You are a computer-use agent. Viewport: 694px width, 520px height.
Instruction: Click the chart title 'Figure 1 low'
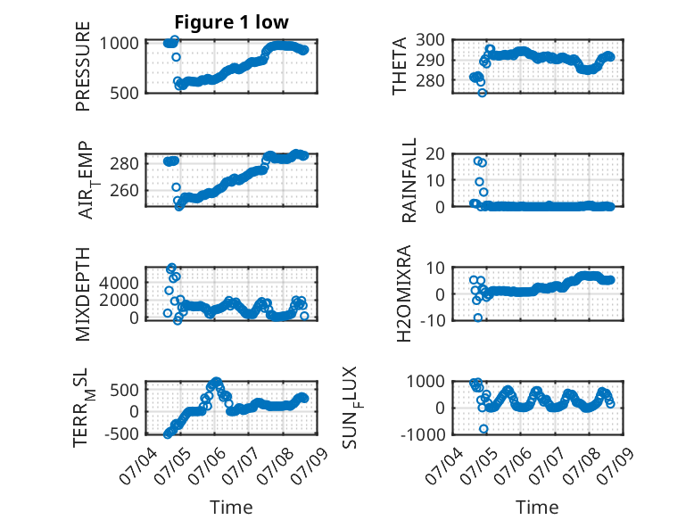click(231, 22)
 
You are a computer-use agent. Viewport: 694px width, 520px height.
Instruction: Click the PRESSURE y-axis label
click(83, 66)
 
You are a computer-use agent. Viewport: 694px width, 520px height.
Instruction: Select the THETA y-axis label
click(400, 66)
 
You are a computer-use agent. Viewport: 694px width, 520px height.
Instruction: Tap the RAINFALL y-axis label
click(409, 179)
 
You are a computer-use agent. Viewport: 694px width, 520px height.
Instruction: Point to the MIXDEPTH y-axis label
click(83, 293)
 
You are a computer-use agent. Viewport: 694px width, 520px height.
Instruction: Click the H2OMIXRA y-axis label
click(404, 293)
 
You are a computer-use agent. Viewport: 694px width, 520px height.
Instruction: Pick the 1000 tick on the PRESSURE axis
click(119, 44)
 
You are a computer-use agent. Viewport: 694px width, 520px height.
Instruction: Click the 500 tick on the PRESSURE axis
click(124, 93)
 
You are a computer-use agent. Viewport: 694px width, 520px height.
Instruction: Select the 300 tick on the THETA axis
click(430, 40)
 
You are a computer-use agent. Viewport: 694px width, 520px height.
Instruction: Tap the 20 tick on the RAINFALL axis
click(435, 154)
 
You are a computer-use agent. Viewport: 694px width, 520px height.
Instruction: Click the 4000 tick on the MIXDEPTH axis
click(119, 283)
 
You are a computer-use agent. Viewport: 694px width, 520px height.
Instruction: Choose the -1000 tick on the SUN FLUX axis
click(423, 434)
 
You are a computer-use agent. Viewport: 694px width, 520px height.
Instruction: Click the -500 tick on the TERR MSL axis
click(121, 433)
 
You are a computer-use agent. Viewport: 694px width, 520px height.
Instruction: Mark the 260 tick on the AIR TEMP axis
click(124, 191)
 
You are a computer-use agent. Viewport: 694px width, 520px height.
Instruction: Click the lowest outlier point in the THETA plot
click(483, 93)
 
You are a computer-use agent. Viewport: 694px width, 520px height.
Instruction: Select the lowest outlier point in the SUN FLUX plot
click(483, 429)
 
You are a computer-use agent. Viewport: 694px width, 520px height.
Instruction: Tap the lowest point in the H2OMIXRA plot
click(478, 318)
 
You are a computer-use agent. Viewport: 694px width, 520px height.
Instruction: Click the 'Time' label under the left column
click(231, 508)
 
